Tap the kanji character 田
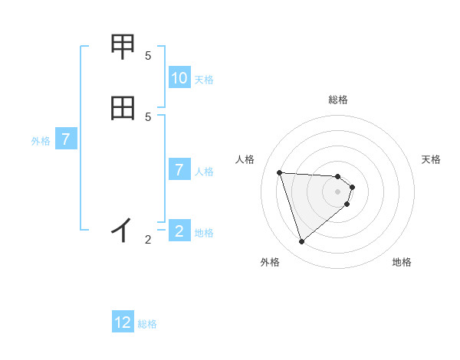click(x=123, y=108)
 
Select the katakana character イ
click(x=123, y=228)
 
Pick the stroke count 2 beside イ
click(x=148, y=240)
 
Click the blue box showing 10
click(x=179, y=78)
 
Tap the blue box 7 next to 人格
click(x=179, y=170)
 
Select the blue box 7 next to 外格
click(x=66, y=139)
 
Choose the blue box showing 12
click(x=123, y=322)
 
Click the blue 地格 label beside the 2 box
click(x=204, y=233)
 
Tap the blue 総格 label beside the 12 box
click(x=147, y=324)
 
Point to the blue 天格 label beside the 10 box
click(x=204, y=79)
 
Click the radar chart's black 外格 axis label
click(x=270, y=262)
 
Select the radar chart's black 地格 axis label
click(x=402, y=262)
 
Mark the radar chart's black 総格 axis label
click(x=337, y=100)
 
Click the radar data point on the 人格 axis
click(x=280, y=172)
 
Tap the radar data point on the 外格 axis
click(x=302, y=242)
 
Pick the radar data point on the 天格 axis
click(x=353, y=186)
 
